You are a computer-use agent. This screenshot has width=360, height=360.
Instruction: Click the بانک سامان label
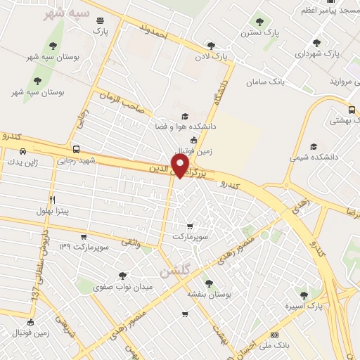268,82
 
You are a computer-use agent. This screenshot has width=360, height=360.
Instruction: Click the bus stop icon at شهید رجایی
76,149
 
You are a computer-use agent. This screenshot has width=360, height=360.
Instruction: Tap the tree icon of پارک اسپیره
304,295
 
